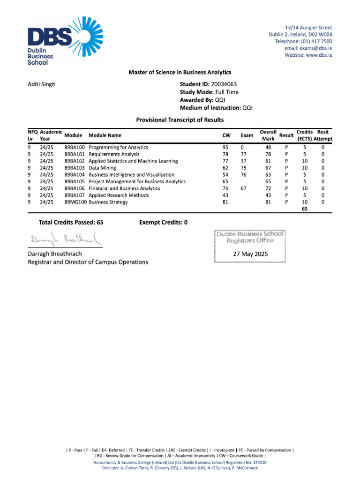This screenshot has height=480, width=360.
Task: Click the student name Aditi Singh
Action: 42,84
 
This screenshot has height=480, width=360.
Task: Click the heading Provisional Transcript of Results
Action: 180,120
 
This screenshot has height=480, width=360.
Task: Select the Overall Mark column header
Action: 268,135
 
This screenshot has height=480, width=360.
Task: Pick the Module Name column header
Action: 105,135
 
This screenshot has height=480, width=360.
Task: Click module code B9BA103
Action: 75,168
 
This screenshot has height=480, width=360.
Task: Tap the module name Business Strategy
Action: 108,202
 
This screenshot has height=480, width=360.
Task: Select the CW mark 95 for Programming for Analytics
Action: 225,147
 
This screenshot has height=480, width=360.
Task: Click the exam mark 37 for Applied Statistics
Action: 244,161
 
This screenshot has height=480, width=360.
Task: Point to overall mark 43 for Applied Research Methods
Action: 268,195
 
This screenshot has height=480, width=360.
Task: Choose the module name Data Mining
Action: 102,168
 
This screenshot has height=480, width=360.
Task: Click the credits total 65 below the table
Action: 305,209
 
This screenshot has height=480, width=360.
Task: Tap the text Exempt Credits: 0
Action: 163,222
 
